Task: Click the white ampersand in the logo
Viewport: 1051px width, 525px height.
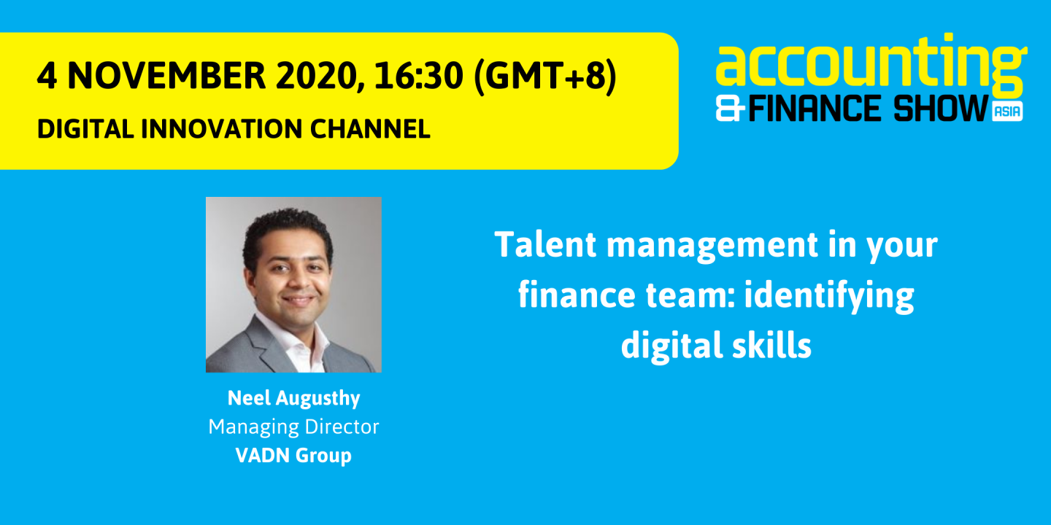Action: coord(731,109)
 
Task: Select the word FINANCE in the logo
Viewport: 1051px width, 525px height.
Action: coord(815,109)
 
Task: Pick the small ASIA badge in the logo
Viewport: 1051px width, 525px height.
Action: coord(1007,112)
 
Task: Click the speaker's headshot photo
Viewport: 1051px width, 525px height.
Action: coord(293,284)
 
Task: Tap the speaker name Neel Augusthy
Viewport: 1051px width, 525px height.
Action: coord(293,398)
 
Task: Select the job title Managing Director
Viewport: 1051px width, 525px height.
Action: coord(293,427)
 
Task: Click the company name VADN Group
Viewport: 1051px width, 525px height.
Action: coord(293,455)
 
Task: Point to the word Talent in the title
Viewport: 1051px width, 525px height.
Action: coord(546,245)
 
